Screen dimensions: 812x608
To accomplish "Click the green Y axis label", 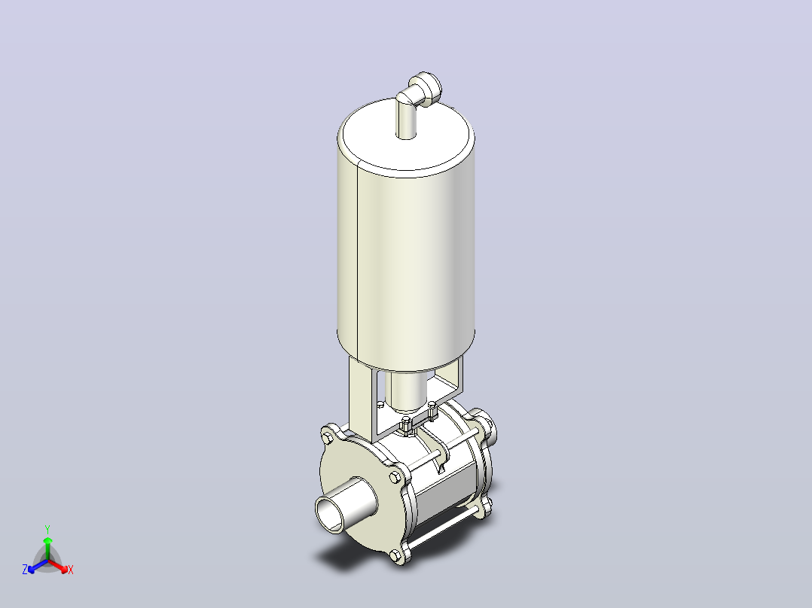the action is (47, 529).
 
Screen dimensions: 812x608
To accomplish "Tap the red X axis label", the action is (71, 570).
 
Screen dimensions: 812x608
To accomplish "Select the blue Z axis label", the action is (25, 569).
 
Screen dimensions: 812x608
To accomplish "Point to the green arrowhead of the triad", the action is (47, 540).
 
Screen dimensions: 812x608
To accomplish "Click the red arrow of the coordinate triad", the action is (59, 566).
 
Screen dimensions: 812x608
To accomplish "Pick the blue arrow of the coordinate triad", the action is (38, 566).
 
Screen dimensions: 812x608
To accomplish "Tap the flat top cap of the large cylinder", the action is (406, 133).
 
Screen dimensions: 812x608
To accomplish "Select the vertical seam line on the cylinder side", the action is (357, 260).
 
